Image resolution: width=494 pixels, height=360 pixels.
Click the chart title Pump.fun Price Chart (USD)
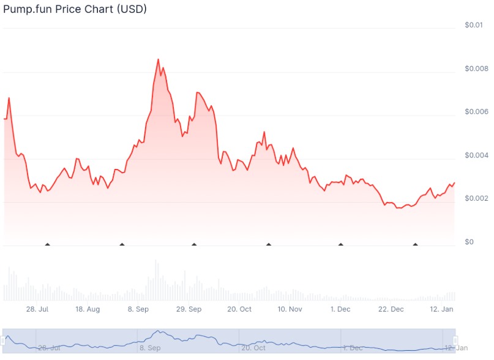pos(75,10)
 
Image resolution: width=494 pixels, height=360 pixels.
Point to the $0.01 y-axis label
pos(473,25)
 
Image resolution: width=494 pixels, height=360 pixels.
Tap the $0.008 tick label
pos(476,69)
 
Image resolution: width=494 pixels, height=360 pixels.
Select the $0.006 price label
pos(476,112)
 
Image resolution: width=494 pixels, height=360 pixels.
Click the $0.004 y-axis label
pos(476,156)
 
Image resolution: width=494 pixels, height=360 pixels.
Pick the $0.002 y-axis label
pos(476,199)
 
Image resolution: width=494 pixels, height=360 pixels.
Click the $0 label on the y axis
pos(469,242)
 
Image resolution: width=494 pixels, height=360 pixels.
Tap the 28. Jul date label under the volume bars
pos(38,309)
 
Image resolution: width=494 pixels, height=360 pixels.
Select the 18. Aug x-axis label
pos(88,309)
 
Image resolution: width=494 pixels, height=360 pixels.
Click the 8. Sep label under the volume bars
pos(138,309)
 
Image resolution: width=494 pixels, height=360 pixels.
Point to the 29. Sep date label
pos(189,309)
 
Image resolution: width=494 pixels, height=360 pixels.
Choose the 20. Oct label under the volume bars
pos(240,309)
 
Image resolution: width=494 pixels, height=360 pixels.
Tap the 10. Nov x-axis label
pos(290,309)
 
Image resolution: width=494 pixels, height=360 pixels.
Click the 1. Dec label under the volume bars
pos(340,309)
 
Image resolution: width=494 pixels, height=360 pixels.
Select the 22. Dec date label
pos(391,309)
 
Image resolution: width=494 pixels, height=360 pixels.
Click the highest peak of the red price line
pos(158,59)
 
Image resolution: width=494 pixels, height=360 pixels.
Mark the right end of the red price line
pos(454,182)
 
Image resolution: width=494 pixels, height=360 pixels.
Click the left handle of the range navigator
pos(5,340)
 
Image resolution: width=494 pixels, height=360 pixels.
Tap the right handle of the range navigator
pos(455,340)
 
